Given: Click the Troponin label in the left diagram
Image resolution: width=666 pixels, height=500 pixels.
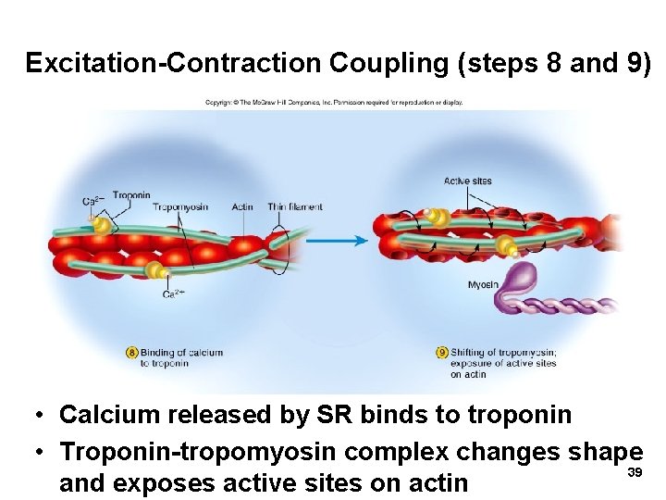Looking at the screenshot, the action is click(131, 195).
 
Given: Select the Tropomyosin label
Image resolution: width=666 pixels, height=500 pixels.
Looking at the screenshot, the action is click(180, 206).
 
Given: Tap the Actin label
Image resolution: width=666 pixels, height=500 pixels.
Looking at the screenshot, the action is click(243, 206).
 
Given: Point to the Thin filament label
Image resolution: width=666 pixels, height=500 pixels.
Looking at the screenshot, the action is click(295, 206).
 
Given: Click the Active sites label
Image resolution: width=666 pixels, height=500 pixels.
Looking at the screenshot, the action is click(468, 181).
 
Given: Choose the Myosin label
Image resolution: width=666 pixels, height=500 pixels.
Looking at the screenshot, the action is click(483, 284).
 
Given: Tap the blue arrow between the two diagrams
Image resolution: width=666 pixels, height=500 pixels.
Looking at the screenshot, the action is click(337, 241).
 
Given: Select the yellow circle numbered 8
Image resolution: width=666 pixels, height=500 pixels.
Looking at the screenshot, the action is click(132, 352).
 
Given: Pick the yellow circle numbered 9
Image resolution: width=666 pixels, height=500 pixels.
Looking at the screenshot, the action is click(442, 352).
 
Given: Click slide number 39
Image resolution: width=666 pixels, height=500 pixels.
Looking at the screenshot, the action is click(635, 473).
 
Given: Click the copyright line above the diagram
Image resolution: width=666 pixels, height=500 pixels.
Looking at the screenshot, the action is click(333, 102).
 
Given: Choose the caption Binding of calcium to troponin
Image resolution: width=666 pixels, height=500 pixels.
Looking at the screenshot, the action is click(181, 357).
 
